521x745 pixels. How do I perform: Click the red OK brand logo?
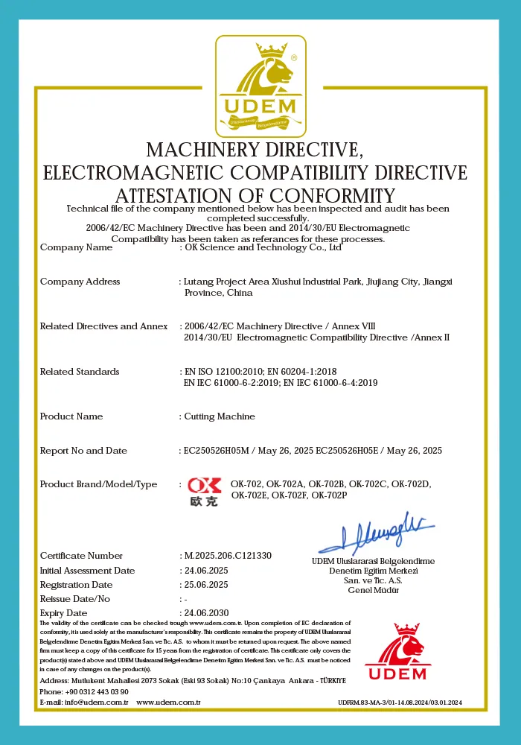[x=203, y=492]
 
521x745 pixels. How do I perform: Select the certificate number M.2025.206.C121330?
[x=228, y=556]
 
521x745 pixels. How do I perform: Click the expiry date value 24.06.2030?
[x=206, y=613]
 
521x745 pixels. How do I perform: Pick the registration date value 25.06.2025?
[x=206, y=585]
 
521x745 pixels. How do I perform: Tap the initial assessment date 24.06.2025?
[x=206, y=571]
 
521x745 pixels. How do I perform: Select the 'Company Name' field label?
[x=77, y=247]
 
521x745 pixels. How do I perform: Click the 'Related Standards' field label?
[x=80, y=372]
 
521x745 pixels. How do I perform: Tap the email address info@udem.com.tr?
[x=97, y=702]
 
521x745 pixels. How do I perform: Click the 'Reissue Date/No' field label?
[x=75, y=599]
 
